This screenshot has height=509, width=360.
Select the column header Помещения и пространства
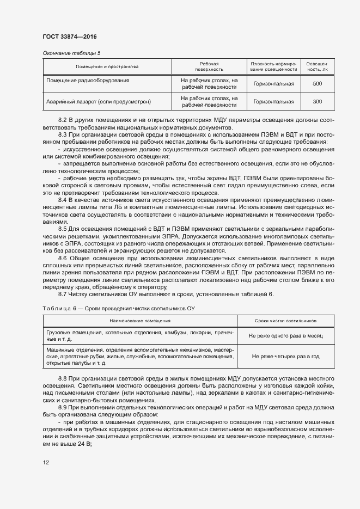coord(107,67)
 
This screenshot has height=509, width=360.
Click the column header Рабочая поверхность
coord(209,67)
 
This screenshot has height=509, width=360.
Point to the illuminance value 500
coord(318,84)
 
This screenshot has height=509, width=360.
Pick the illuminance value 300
coord(318,102)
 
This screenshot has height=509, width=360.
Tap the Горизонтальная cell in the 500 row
coord(274,84)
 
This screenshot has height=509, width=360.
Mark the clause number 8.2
coord(63,119)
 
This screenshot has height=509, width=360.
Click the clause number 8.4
coord(63,201)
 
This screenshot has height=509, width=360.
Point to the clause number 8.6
coord(63,257)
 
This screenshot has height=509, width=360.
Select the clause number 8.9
coord(63,408)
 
